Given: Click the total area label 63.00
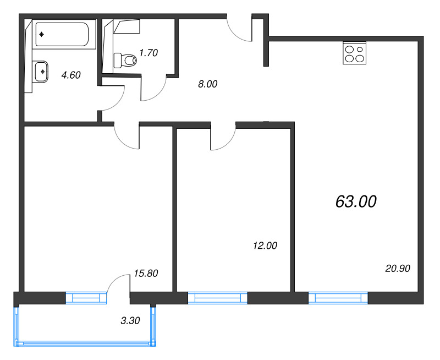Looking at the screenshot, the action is (356, 201).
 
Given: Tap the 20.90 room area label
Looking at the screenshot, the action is (398, 269).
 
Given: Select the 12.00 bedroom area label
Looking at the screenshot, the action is (265, 246).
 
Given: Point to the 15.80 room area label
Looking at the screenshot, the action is (146, 273).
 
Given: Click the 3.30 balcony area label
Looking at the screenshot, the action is (130, 320).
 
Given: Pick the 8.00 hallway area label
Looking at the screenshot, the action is (208, 84).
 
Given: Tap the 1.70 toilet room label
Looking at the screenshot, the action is (148, 52).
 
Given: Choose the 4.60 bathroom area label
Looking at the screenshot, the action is (71, 75).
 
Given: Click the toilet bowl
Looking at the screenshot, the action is (125, 60).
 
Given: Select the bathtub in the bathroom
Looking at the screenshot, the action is (62, 34).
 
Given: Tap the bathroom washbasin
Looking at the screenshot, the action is (41, 72).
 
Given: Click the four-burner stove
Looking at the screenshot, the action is (354, 53).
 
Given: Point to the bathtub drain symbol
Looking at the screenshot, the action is (42, 34).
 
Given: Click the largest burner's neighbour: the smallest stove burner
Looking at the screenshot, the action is (360, 50).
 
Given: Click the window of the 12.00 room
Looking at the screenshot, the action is (217, 298).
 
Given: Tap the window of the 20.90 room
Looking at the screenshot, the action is (338, 298).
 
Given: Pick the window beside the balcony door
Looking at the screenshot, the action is (86, 298).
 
